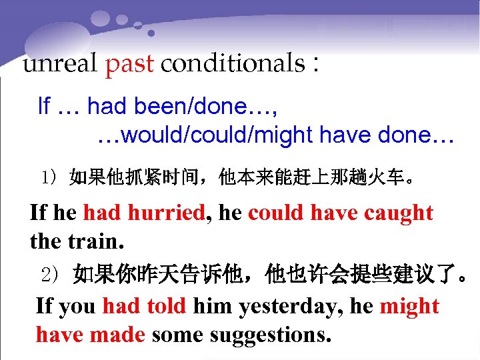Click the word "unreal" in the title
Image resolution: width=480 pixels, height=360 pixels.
[x=61, y=64]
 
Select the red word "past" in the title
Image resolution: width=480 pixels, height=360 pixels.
[x=129, y=65]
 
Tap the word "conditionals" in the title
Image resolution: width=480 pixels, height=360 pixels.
[x=233, y=64]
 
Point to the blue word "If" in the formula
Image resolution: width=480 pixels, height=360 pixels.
[x=44, y=105]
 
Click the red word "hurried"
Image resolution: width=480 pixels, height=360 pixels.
[x=167, y=213]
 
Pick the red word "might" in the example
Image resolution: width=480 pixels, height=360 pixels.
[x=409, y=307]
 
